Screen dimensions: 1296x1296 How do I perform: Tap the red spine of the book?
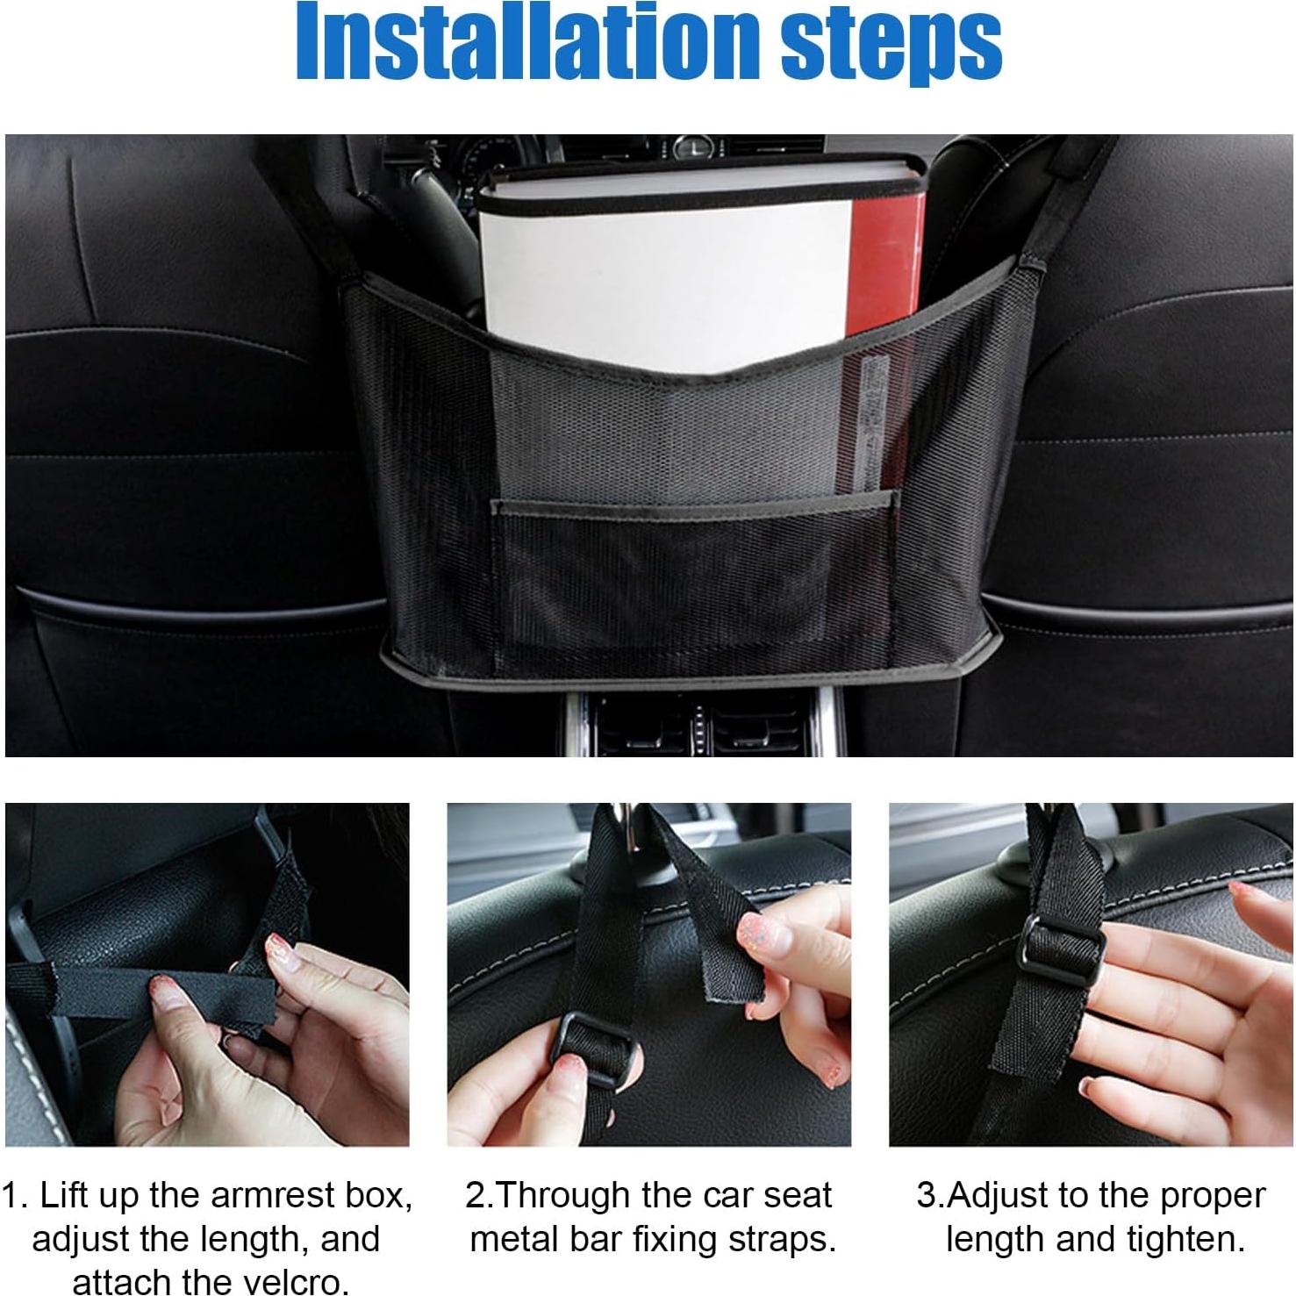[886, 263]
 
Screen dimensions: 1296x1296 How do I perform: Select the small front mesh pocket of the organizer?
[693, 570]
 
